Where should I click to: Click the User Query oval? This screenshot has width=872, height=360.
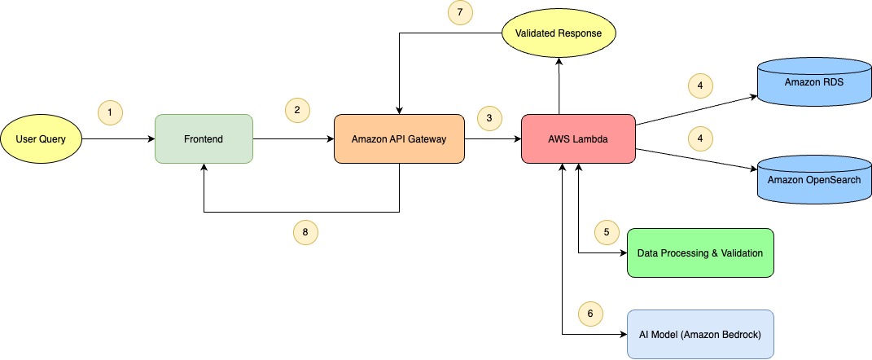point(42,139)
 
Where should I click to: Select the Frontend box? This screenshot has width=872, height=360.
point(204,139)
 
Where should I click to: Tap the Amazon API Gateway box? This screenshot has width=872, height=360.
point(399,139)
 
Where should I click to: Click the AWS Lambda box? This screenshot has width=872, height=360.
point(578,139)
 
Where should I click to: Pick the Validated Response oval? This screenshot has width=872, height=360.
point(559,34)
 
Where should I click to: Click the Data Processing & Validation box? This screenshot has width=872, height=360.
point(699,252)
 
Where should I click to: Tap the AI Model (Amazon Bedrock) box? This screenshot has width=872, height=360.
point(699,334)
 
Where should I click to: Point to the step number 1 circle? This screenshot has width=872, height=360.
point(110,113)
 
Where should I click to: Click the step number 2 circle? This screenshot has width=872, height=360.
point(297,109)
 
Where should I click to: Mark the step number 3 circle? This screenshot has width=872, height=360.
point(489,117)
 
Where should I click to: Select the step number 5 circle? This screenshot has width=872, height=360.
point(607,232)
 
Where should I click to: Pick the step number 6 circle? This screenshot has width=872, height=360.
point(590,313)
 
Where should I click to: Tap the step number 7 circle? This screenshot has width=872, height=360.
point(460,12)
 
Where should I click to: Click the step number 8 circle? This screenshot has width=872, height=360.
point(305,232)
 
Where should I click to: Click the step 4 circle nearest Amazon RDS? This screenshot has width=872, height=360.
point(699,85)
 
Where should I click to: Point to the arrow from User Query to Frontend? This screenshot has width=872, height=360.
point(119,139)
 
